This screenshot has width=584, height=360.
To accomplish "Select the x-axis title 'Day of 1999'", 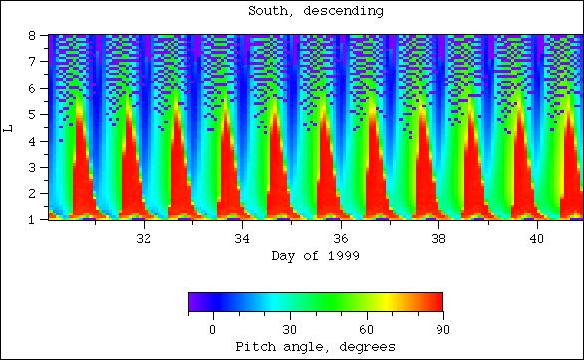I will [x=315, y=256].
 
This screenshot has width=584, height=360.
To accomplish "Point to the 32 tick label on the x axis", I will [x=143, y=240].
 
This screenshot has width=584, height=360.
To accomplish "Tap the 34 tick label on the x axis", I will [x=241, y=240].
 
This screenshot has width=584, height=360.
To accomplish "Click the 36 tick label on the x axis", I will [x=340, y=240].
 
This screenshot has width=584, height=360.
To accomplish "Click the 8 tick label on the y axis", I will [x=33, y=35].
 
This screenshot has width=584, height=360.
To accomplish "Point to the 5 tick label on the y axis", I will [x=33, y=114].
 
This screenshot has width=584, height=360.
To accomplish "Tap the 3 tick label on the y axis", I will [x=33, y=167].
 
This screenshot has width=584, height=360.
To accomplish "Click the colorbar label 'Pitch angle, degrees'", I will [x=315, y=346].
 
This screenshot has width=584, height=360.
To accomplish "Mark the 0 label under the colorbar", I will [x=212, y=329].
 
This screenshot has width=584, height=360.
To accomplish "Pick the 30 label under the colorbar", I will [x=289, y=329].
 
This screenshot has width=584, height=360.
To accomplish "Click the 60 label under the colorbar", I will [x=366, y=329].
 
